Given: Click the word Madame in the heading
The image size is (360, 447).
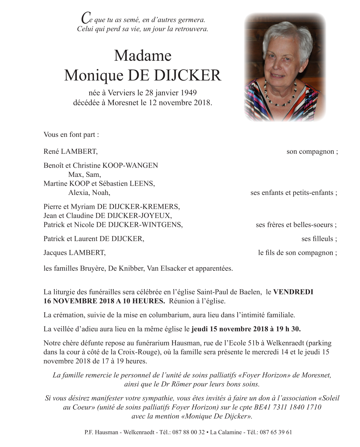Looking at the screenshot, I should (x=143, y=56).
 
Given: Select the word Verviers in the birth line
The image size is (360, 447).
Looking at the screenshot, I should (x=121, y=93).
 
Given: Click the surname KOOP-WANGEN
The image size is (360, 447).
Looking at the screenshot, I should (x=130, y=165).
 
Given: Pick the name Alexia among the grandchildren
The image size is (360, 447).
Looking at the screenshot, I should (x=79, y=193).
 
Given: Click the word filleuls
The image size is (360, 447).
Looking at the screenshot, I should (x=317, y=239).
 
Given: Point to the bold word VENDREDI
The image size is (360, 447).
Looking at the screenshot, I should (x=293, y=292).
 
